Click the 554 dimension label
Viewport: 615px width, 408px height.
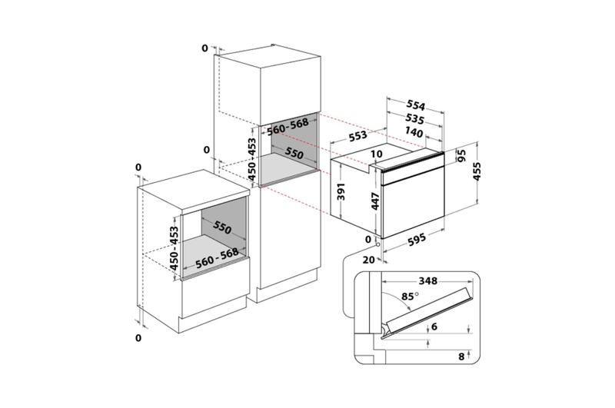pyautogui.click(x=415, y=104)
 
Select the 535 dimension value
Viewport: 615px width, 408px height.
pyautogui.click(x=414, y=118)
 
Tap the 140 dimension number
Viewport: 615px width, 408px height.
pyautogui.click(x=414, y=132)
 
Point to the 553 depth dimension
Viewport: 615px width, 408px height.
pyautogui.click(x=357, y=135)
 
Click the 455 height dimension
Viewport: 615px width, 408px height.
pyautogui.click(x=477, y=171)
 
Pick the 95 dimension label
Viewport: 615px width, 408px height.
pyautogui.click(x=461, y=156)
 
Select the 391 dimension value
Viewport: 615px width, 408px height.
pyautogui.click(x=341, y=191)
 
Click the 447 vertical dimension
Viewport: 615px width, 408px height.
pyautogui.click(x=375, y=201)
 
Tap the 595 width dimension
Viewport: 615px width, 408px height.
pyautogui.click(x=417, y=239)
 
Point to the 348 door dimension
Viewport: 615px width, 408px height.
pyautogui.click(x=428, y=280)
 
